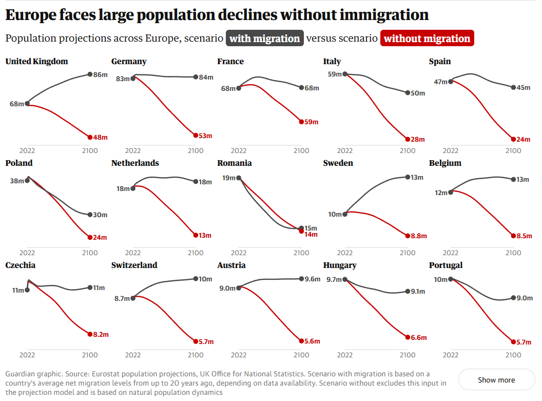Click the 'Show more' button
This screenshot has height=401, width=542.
pos(496,380)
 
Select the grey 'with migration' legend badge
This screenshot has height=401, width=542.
pos(264,39)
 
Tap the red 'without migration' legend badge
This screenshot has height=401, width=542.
pos(427,39)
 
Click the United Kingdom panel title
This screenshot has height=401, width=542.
pos(36,62)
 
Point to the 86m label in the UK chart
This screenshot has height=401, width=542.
pos(101,75)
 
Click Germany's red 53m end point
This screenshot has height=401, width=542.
pos(196,136)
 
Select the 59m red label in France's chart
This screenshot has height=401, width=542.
pos(312,122)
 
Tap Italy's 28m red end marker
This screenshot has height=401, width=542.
pos(408,139)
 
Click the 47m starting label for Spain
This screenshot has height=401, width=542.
pos(440,82)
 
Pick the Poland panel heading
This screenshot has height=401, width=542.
pos(19,163)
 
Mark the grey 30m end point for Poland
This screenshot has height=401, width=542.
pos(90,215)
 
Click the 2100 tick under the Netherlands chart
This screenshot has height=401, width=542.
pos(196,253)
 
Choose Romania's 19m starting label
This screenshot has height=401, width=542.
pos(228,178)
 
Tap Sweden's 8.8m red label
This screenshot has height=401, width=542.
pos(418,236)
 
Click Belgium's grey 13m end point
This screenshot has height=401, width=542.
pos(513,179)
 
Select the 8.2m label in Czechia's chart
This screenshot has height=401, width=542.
pos(101,334)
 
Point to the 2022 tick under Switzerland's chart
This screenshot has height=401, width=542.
pos(133,354)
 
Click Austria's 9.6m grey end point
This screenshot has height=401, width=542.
pos(301,279)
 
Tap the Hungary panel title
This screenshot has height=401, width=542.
pos(340,265)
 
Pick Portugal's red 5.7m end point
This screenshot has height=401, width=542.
pos(513,341)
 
